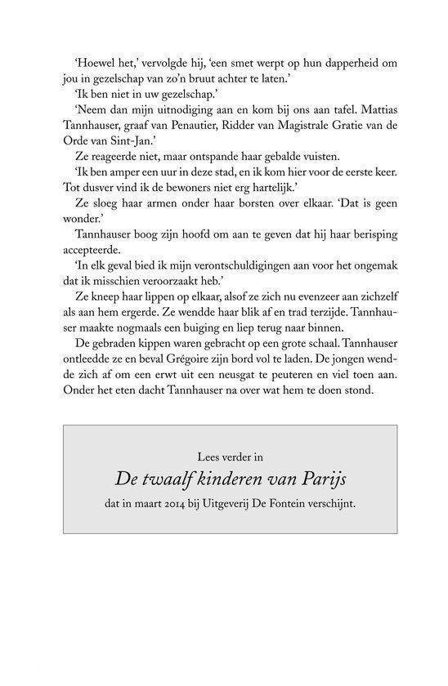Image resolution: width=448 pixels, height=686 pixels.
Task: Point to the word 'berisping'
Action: pyautogui.click(x=357, y=260)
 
